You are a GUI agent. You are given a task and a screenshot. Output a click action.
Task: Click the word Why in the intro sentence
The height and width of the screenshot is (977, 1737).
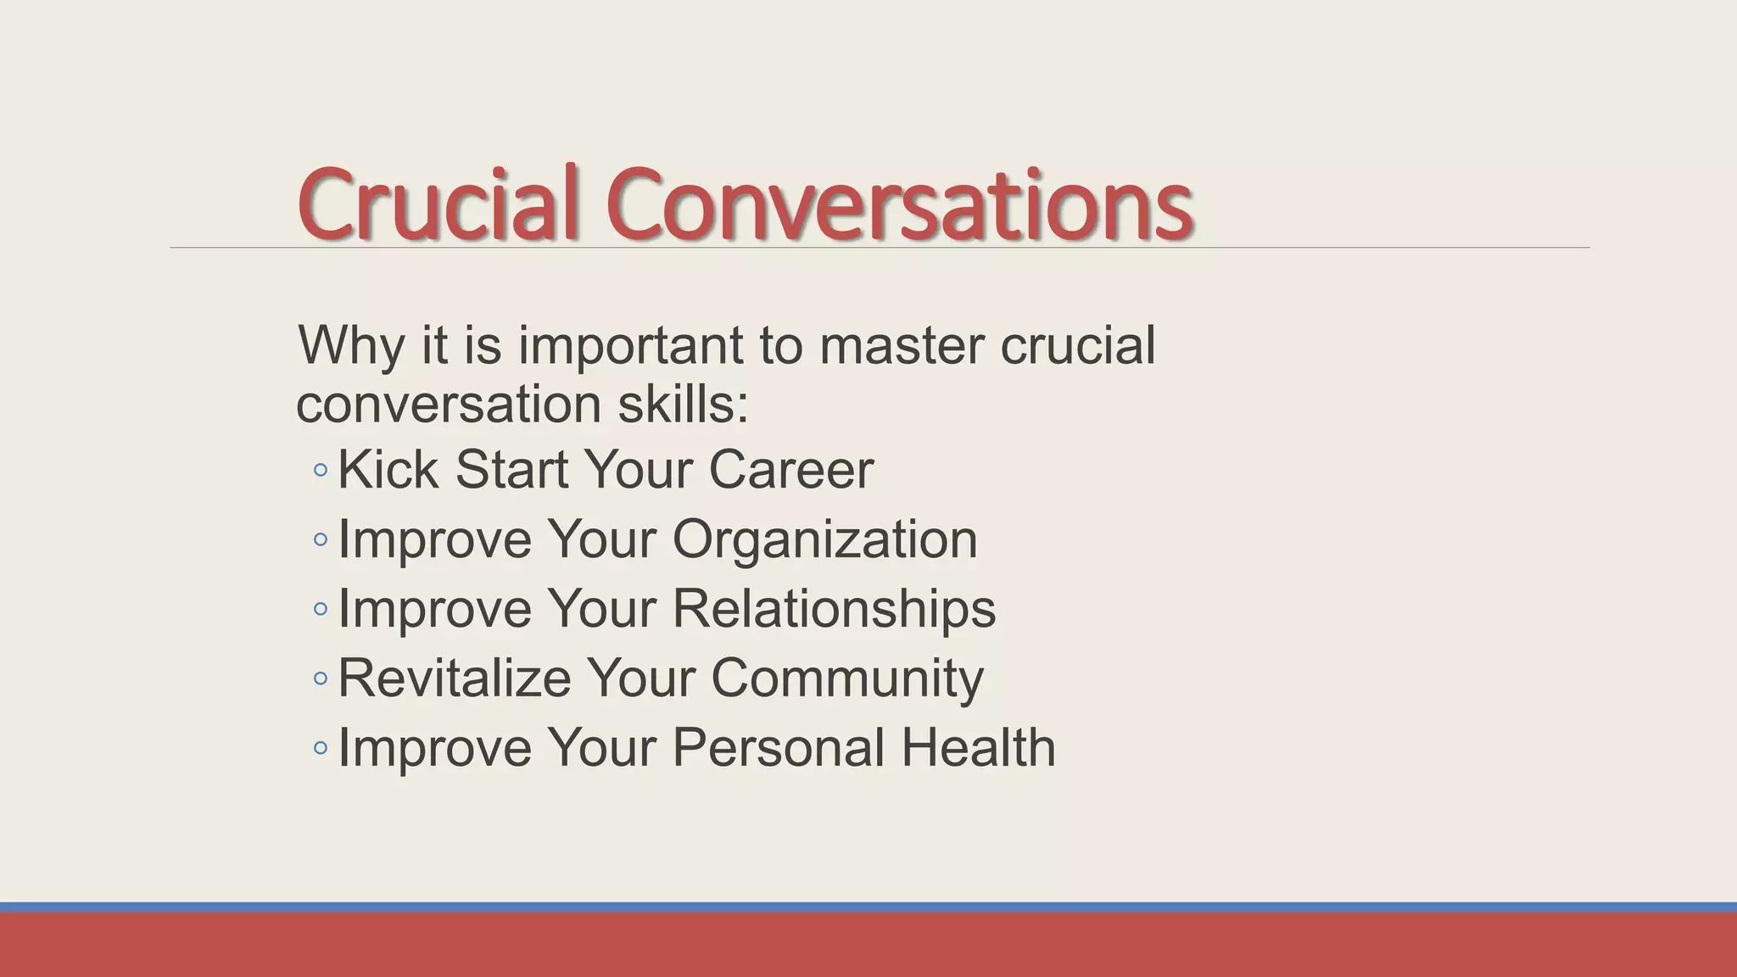pyautogui.click(x=350, y=346)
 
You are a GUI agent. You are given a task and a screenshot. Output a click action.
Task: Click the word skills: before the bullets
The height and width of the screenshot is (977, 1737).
pyautogui.click(x=683, y=405)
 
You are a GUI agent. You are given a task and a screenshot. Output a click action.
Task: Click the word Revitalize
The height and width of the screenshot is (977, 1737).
pyautogui.click(x=455, y=678)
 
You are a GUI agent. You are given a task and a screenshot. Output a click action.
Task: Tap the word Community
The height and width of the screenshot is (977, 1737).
pyautogui.click(x=846, y=678)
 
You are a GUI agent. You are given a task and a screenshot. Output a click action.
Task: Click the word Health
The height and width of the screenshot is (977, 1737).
pyautogui.click(x=977, y=748)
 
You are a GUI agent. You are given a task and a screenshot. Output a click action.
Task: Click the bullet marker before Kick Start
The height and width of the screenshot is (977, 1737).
pyautogui.click(x=320, y=470)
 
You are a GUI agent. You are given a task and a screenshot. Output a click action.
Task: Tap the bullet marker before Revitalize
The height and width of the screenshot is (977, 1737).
pyautogui.click(x=320, y=678)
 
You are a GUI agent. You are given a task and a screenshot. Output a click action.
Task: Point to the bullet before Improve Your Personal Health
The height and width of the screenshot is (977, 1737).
pyautogui.click(x=320, y=748)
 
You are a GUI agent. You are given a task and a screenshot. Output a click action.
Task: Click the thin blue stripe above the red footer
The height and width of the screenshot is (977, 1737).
pyautogui.click(x=868, y=907)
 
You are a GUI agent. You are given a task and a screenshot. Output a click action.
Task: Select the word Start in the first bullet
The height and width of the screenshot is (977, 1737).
pyautogui.click(x=511, y=469)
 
